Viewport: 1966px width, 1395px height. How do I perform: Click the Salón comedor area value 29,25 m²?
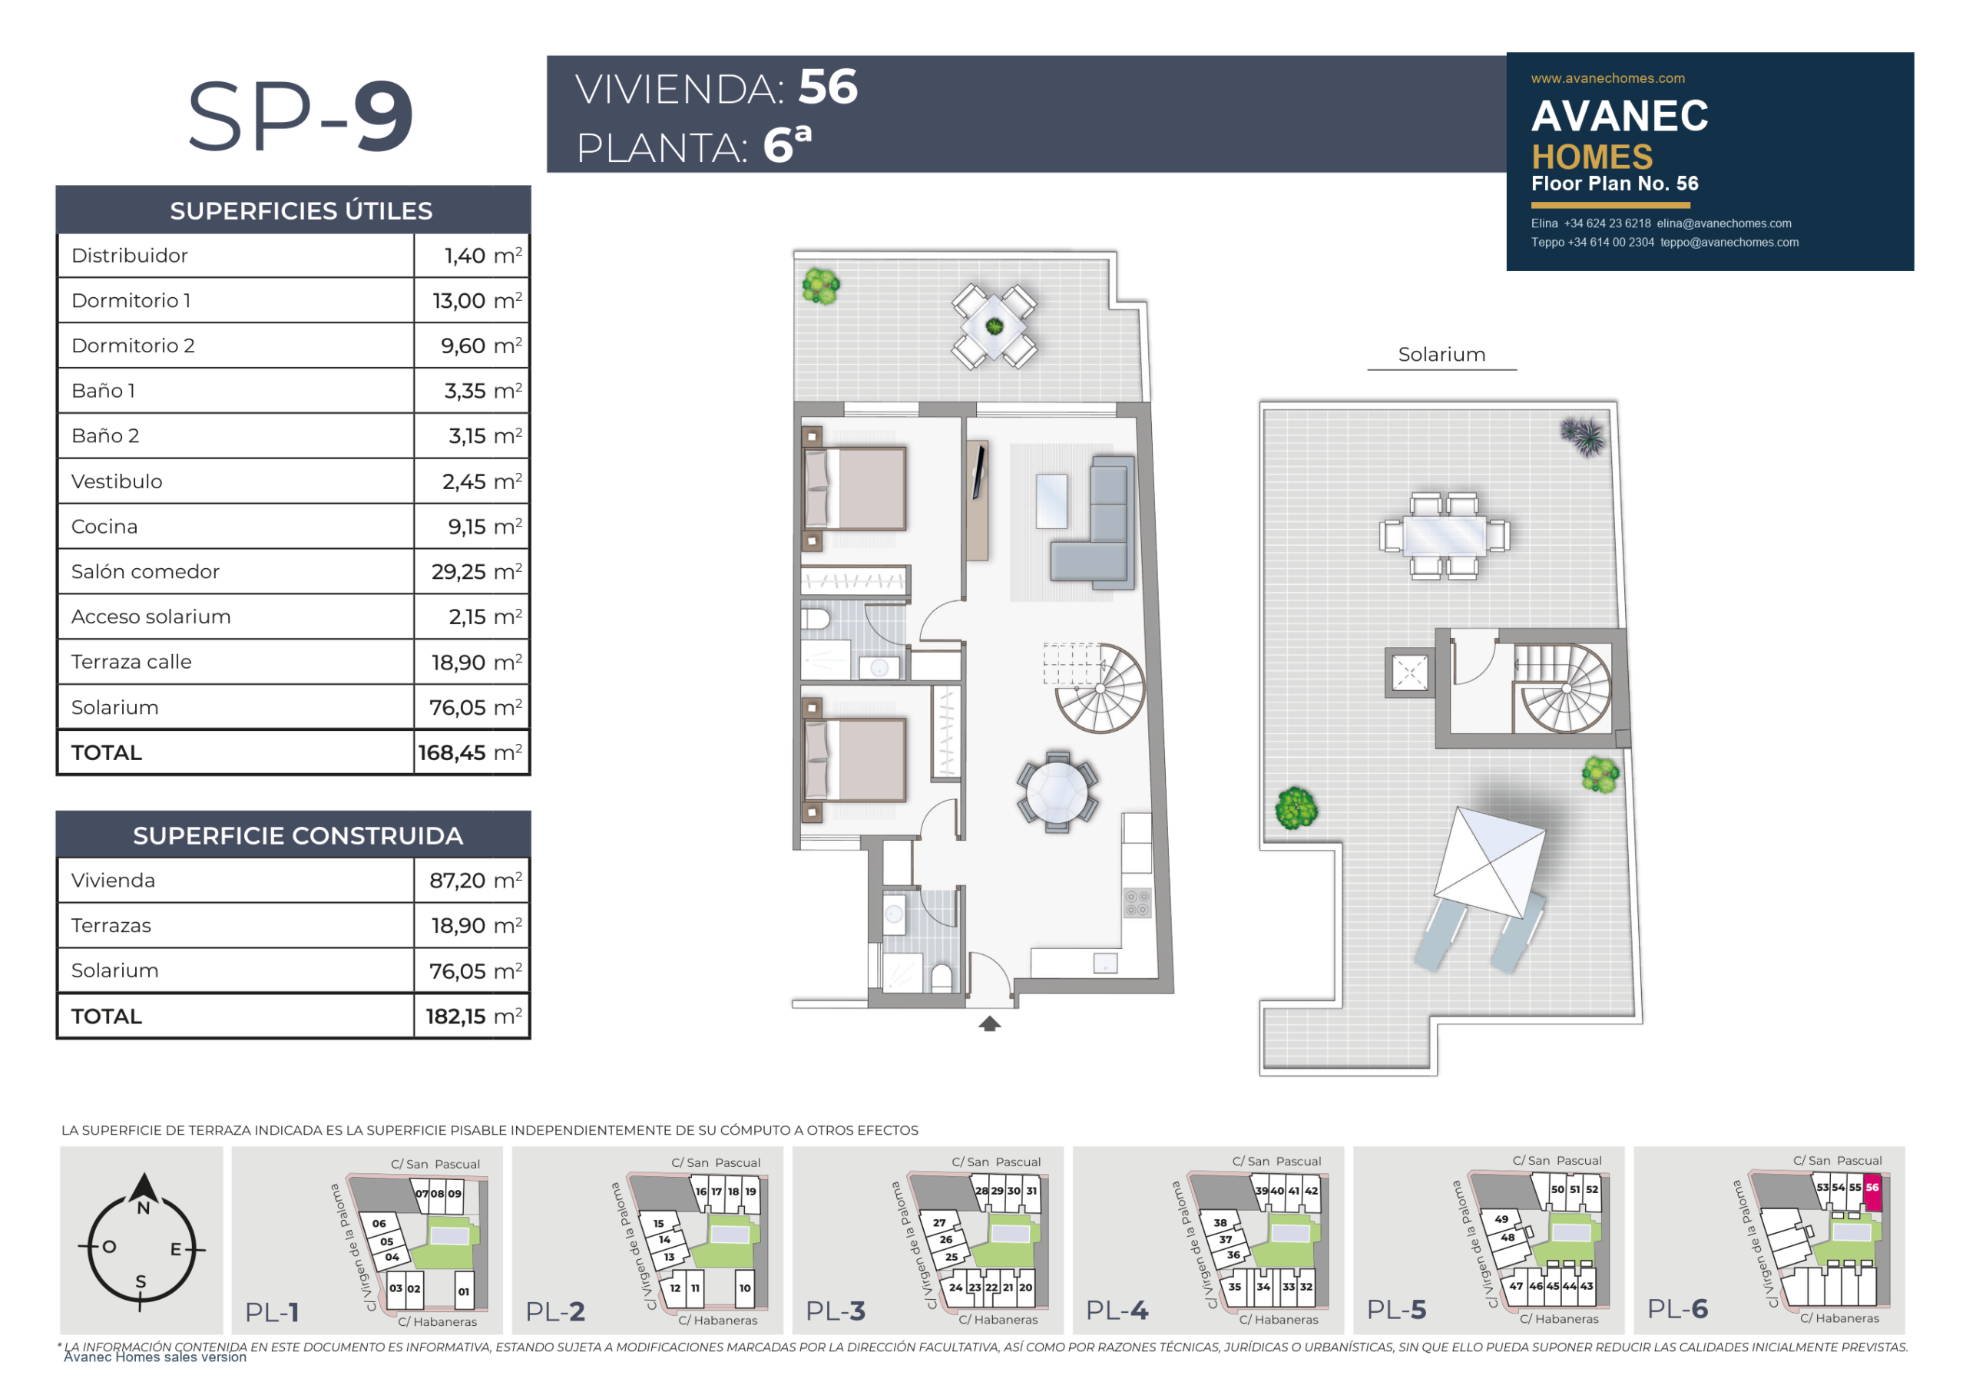pyautogui.click(x=476, y=571)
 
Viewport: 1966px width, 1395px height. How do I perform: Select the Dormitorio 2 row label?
pyautogui.click(x=133, y=345)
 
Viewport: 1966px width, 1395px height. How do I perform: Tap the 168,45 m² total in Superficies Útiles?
pyautogui.click(x=470, y=752)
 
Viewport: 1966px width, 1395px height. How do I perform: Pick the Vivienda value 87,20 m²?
pyautogui.click(x=476, y=880)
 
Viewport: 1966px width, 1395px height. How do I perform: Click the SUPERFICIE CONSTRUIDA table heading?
pyautogui.click(x=297, y=836)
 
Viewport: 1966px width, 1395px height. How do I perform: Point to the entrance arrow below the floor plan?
pyautogui.click(x=990, y=1023)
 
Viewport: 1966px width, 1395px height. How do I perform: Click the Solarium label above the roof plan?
pyautogui.click(x=1441, y=354)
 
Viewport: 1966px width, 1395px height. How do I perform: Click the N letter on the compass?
pyautogui.click(x=144, y=1208)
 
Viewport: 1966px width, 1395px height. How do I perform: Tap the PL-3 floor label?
pyautogui.click(x=836, y=1311)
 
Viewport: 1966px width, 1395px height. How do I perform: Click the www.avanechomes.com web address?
pyautogui.click(x=1607, y=78)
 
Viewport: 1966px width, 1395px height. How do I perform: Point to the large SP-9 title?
pyautogui.click(x=301, y=116)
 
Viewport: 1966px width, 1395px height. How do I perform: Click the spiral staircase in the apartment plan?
pyautogui.click(x=1099, y=688)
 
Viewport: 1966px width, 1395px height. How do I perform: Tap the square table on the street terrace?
pyautogui.click(x=995, y=326)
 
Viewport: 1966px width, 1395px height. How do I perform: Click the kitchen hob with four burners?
pyautogui.click(x=1137, y=903)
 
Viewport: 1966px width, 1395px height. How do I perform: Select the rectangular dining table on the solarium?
pyautogui.click(x=1445, y=534)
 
